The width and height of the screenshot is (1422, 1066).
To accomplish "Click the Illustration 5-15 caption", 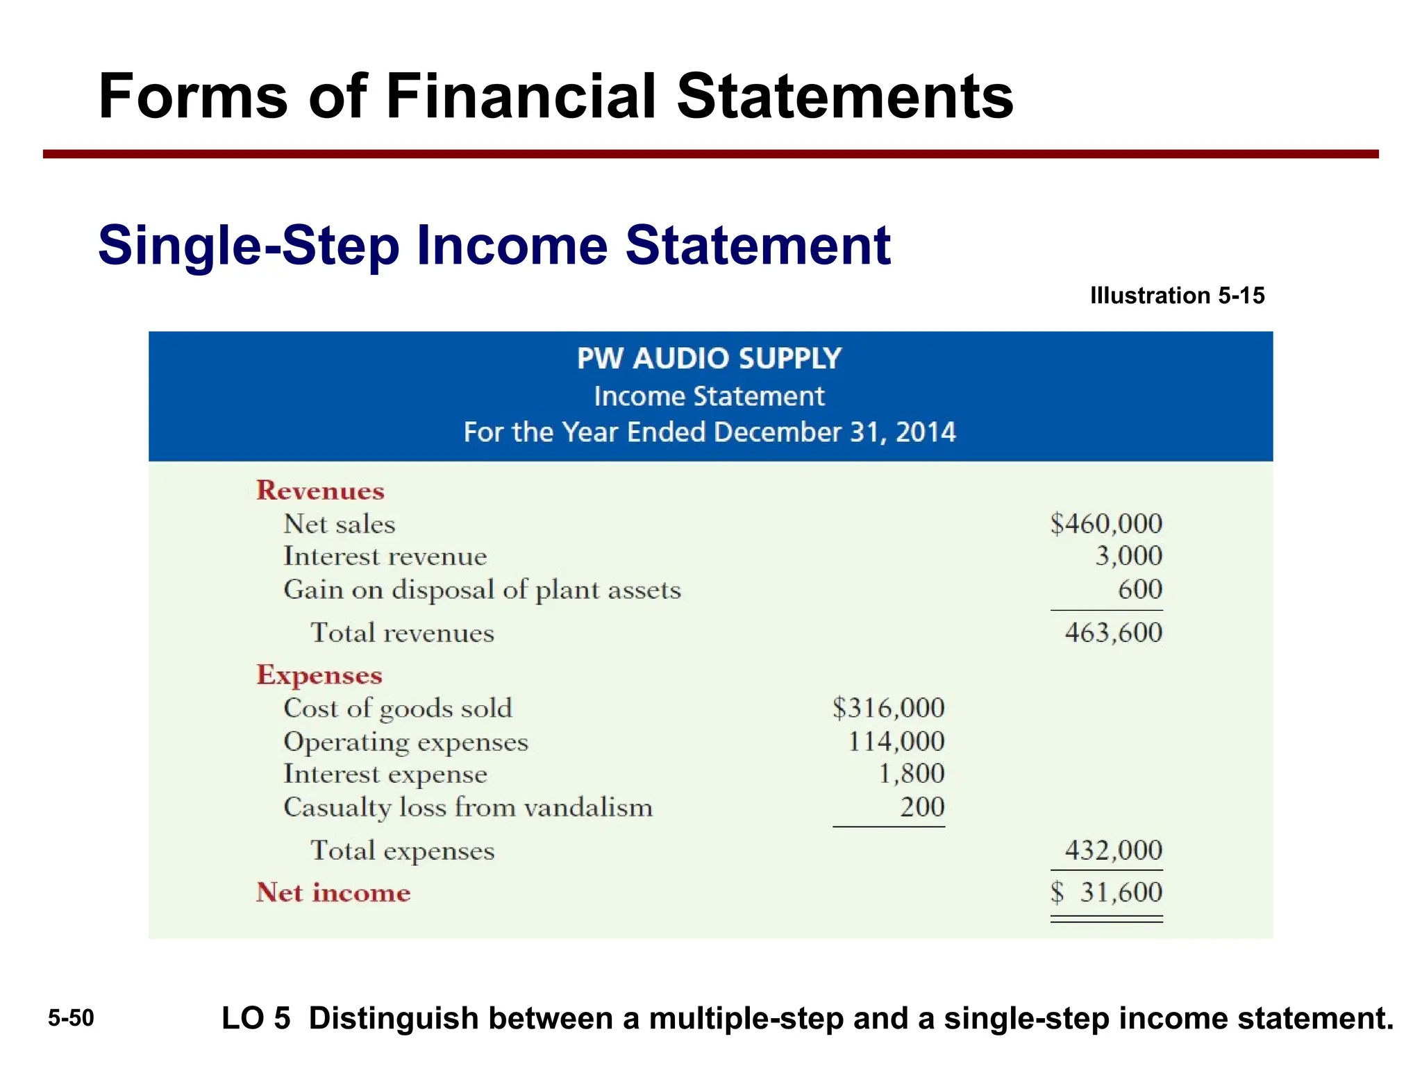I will [x=1177, y=296].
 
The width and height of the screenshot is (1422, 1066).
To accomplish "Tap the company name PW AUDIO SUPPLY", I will [x=709, y=359].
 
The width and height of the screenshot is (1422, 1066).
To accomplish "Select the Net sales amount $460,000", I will [x=1106, y=523].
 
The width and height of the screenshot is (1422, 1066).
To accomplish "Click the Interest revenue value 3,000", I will [x=1128, y=556].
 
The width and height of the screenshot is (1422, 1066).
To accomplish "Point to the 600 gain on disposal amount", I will [x=1139, y=589].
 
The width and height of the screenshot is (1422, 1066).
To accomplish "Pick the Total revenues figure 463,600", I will [x=1113, y=632].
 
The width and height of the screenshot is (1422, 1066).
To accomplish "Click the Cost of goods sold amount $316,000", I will [x=889, y=708].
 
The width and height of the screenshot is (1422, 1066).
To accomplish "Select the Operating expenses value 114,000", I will [x=896, y=741].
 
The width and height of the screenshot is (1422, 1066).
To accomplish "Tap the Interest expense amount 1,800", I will [x=911, y=774].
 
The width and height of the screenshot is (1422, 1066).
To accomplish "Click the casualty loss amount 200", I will [x=922, y=807].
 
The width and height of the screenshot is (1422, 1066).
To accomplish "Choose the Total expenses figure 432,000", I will [x=1113, y=850].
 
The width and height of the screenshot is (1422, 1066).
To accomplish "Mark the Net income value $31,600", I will [x=1107, y=892].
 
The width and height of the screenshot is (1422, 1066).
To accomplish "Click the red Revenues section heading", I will [x=320, y=491].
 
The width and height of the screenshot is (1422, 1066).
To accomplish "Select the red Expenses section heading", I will [x=319, y=675].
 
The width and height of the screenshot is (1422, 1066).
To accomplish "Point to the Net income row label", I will [x=333, y=892].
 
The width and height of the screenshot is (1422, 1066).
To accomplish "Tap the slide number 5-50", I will [x=71, y=1018].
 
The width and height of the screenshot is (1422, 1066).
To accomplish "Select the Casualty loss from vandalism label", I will [x=468, y=808].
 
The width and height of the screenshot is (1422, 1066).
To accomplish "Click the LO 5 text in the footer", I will [x=256, y=1018].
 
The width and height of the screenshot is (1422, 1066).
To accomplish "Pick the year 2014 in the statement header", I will [x=926, y=432].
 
